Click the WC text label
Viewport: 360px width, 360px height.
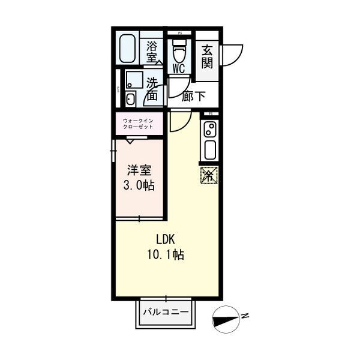pyautogui.click(x=179, y=68)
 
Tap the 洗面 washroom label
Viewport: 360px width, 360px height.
pyautogui.click(x=152, y=89)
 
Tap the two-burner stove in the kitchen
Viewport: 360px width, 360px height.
pyautogui.click(x=211, y=129)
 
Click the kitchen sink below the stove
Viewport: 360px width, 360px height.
pyautogui.click(x=211, y=149)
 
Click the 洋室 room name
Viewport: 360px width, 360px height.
pyautogui.click(x=139, y=170)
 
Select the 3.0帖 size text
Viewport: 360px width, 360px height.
pyautogui.click(x=139, y=185)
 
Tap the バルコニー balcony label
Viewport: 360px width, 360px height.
pyautogui.click(x=166, y=313)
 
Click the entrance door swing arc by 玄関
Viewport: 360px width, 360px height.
pyautogui.click(x=233, y=55)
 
